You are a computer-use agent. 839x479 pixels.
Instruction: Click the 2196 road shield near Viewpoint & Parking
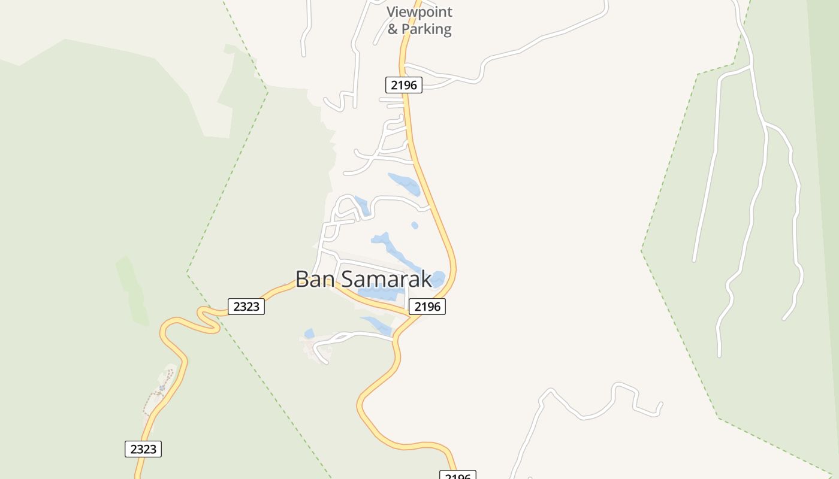403,85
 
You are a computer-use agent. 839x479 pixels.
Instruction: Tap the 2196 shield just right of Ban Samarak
427,307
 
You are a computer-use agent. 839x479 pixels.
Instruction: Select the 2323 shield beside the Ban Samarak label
246,307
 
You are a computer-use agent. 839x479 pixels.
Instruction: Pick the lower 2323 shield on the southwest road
143,449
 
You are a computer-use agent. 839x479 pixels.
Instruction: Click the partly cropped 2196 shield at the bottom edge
458,475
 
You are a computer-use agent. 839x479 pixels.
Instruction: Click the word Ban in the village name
313,279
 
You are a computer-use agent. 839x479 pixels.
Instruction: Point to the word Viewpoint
419,12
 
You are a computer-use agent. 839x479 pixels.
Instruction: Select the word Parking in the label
426,29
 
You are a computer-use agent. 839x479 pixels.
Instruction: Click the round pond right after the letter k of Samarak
438,278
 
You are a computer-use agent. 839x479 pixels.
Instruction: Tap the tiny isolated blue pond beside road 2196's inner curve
415,225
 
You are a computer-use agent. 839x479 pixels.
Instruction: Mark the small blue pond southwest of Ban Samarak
309,334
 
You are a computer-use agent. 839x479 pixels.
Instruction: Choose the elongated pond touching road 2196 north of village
405,184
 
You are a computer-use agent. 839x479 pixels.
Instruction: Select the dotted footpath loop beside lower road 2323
160,392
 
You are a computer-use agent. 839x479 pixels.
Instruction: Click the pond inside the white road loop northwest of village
361,205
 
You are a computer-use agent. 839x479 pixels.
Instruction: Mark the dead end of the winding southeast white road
662,403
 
